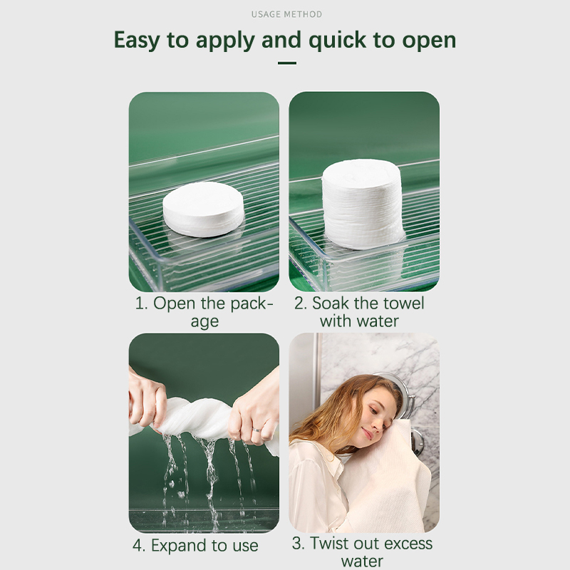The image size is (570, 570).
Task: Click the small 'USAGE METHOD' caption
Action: pos(286,14)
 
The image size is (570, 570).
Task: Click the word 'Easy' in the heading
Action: pos(137,40)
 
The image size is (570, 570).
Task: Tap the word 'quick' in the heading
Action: pos(337,40)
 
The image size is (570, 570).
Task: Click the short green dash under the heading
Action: pos(287,63)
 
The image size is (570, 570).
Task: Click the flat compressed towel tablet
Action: pos(203,209)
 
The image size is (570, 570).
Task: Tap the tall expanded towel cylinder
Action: pos(363,204)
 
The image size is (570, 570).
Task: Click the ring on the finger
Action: pos(256,430)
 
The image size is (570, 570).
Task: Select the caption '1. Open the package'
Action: pos(204,312)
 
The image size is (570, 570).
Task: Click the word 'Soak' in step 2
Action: pos(328,304)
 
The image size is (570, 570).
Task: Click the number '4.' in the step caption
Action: pos(139,546)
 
